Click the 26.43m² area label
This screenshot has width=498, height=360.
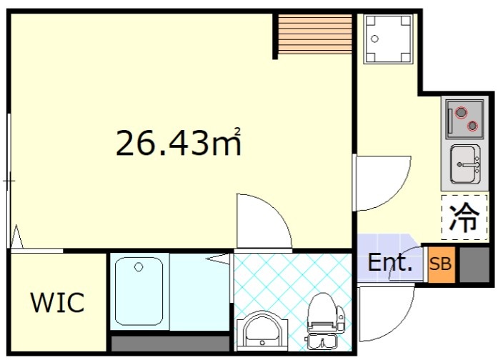tap(178, 143)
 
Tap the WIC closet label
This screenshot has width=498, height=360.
tap(58, 302)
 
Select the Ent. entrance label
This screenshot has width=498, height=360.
tap(389, 263)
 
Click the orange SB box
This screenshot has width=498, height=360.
tap(441, 264)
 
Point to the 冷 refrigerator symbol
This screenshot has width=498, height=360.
tap(464, 217)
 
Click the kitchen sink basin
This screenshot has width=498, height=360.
tap(465, 164)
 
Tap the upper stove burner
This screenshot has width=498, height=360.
tap(461, 112)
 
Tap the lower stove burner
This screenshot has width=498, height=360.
tap(472, 126)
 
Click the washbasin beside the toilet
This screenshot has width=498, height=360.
tap(262, 331)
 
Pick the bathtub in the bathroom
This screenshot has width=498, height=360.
tap(139, 291)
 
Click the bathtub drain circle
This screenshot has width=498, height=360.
tap(139, 267)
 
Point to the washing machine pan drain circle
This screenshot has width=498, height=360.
tap(375, 39)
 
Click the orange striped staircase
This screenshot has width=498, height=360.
tap(315, 34)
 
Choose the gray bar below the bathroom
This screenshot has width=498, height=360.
tap(170, 344)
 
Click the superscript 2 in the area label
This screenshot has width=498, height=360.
tap(237, 131)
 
